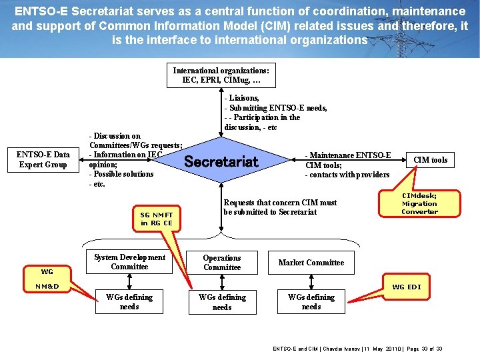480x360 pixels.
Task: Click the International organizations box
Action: (x=221, y=75)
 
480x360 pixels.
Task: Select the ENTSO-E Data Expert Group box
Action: (x=43, y=159)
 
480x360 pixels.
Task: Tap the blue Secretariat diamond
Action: (x=221, y=161)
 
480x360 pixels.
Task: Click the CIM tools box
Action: (x=430, y=159)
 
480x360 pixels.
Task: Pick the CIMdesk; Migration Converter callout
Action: (x=419, y=203)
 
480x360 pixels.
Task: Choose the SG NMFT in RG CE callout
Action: (x=156, y=219)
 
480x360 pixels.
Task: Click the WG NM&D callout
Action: (x=47, y=279)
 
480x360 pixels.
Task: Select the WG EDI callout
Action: (x=406, y=287)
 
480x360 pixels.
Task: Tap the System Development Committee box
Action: (x=129, y=262)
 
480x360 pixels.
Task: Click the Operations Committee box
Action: (x=222, y=262)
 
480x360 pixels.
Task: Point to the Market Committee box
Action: (x=311, y=262)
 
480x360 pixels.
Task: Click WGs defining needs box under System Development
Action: (x=129, y=301)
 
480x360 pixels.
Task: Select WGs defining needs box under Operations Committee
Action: (x=222, y=302)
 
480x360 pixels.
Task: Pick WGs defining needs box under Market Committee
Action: (x=311, y=301)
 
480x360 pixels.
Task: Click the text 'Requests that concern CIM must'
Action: (x=280, y=203)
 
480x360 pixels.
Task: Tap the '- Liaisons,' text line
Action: (x=242, y=98)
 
